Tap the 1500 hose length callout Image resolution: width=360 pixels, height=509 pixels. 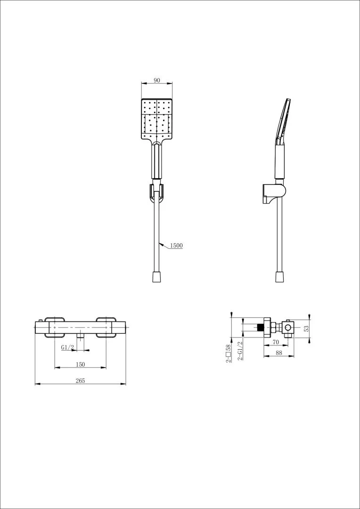(177, 246)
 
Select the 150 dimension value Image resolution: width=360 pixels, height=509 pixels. (80, 364)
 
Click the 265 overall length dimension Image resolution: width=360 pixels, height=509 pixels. (80, 381)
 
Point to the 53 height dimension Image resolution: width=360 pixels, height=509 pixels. (306, 328)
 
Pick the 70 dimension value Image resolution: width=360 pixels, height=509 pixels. (276, 342)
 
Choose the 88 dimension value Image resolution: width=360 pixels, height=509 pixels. (279, 353)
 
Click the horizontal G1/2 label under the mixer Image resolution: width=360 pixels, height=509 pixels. (68, 348)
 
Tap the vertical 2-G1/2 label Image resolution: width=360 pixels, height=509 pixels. (240, 350)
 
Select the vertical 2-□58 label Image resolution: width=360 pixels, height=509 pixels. (229, 353)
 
